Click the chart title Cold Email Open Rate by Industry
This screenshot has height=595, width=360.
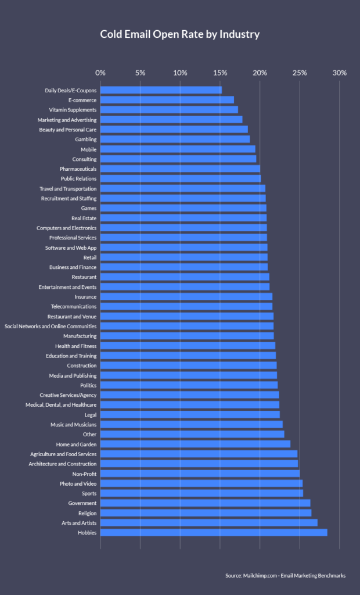click(179, 34)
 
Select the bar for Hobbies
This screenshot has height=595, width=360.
click(214, 532)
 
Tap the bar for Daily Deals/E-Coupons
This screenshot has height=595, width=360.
click(161, 90)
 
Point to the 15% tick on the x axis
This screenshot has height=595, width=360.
click(220, 73)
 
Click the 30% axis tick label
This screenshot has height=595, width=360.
click(340, 73)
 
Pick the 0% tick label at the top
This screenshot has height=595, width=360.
click(100, 73)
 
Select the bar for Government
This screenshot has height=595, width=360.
click(205, 503)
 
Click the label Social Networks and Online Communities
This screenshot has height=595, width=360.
click(51, 326)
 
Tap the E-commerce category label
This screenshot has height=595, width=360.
click(82, 100)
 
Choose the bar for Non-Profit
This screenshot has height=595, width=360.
click(200, 474)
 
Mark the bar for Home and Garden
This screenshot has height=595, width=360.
click(195, 444)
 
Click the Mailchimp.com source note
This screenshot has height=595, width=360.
click(285, 575)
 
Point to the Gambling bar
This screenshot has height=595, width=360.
click(175, 139)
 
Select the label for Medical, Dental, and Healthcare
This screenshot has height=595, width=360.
click(61, 404)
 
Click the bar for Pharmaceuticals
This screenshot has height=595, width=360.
click(180, 169)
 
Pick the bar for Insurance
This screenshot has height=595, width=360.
click(186, 296)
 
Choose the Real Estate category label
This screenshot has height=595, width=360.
click(84, 218)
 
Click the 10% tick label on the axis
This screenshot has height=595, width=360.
click(180, 73)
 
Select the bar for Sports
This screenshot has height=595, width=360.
click(201, 493)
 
